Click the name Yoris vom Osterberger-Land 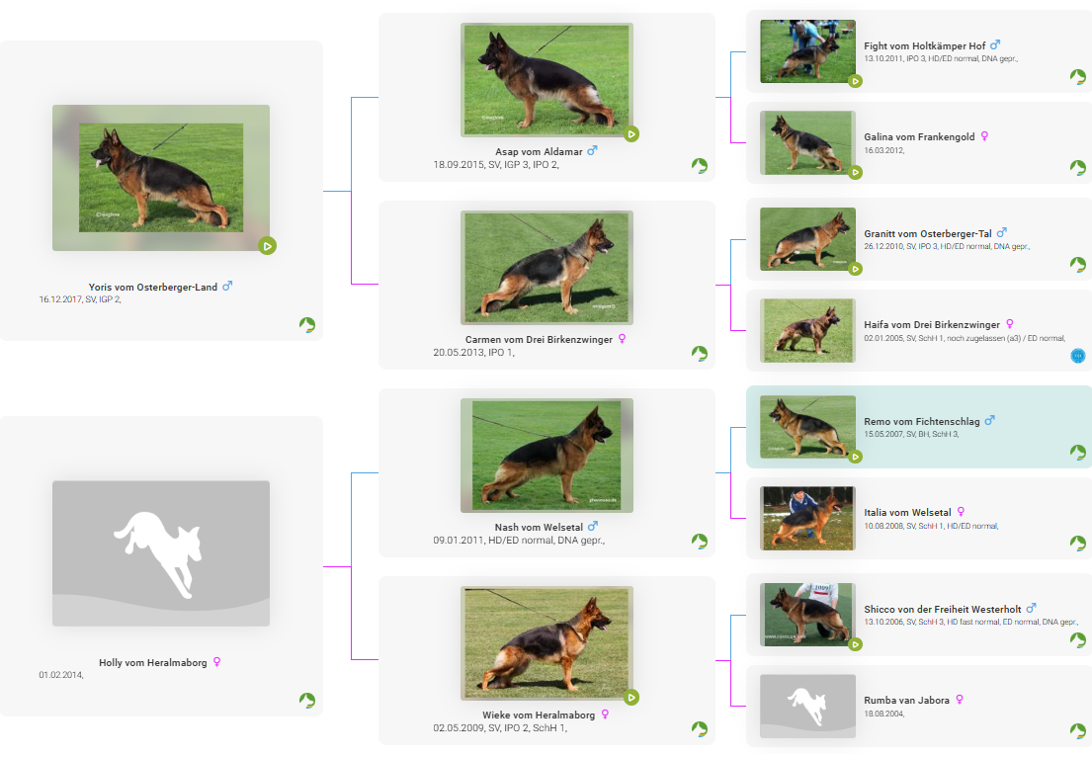coord(152,287)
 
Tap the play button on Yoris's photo coord(268,246)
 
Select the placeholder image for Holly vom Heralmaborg coord(161,553)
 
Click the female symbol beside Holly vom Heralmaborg coord(216,662)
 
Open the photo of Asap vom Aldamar coord(546,79)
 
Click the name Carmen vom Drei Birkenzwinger coord(539,340)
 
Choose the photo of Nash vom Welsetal coord(546,455)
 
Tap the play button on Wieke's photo coord(631,697)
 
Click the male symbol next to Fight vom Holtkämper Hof coord(995,45)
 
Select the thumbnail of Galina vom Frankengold coord(807,143)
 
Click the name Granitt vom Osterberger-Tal coord(928,234)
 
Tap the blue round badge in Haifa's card coord(1077,356)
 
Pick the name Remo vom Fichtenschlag coord(921,422)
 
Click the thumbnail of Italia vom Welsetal coord(807,518)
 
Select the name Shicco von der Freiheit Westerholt coord(942,610)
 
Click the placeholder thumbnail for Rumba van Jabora coord(807,706)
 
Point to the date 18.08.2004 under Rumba coord(883,715)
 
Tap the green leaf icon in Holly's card coord(307,700)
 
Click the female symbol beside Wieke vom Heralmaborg coord(605,715)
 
